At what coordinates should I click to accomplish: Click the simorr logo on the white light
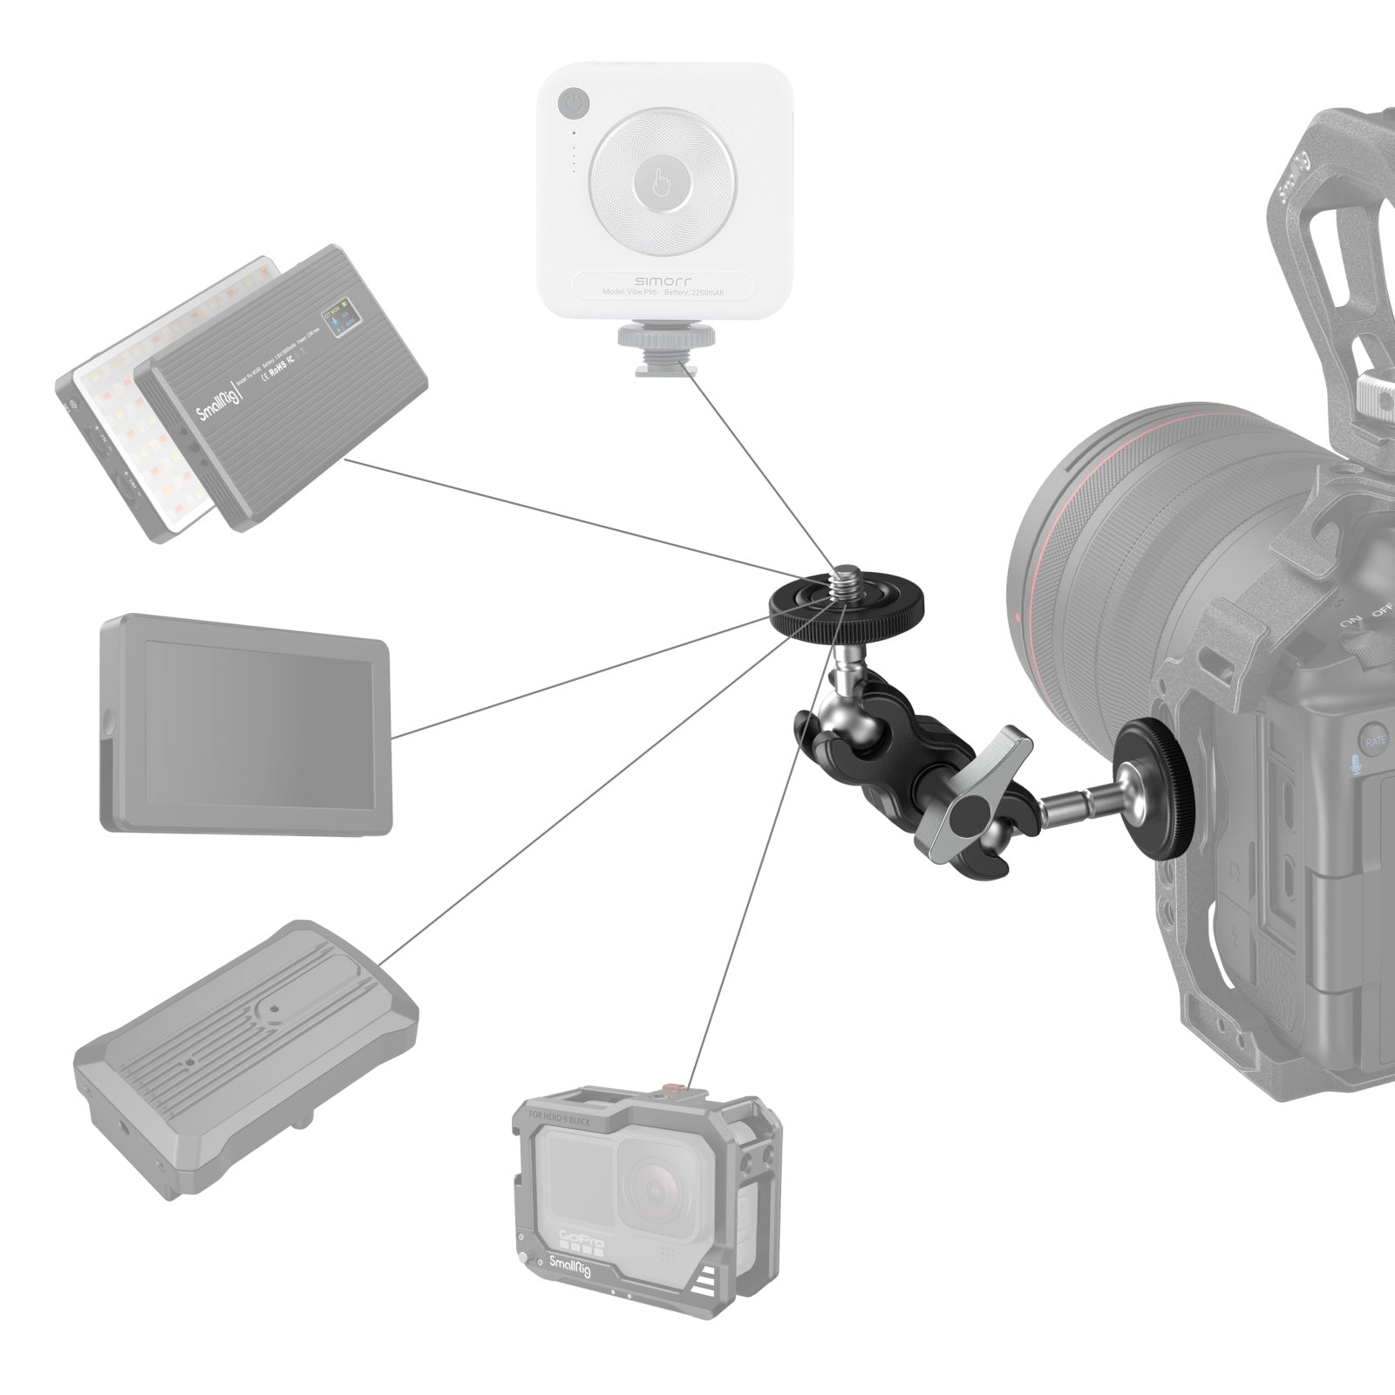click(665, 281)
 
